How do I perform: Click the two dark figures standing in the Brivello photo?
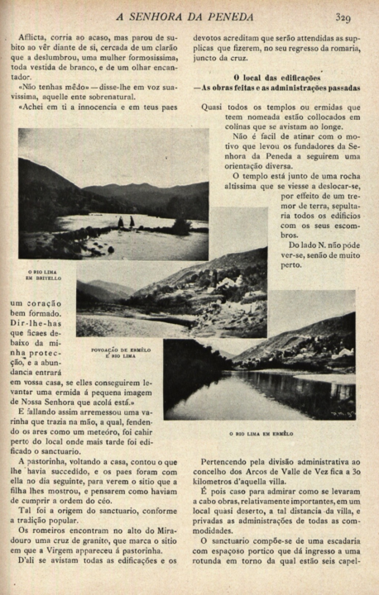pos(125,221)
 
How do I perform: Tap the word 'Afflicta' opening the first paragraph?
pos(38,38)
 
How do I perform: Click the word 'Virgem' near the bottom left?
pos(85,547)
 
